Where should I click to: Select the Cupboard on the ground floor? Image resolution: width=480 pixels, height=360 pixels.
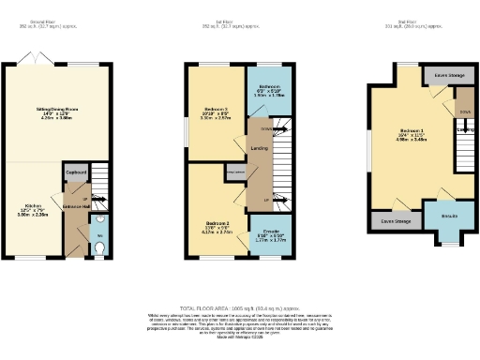pos(76,172)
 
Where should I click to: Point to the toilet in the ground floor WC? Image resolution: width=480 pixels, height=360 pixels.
pos(101,247)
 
